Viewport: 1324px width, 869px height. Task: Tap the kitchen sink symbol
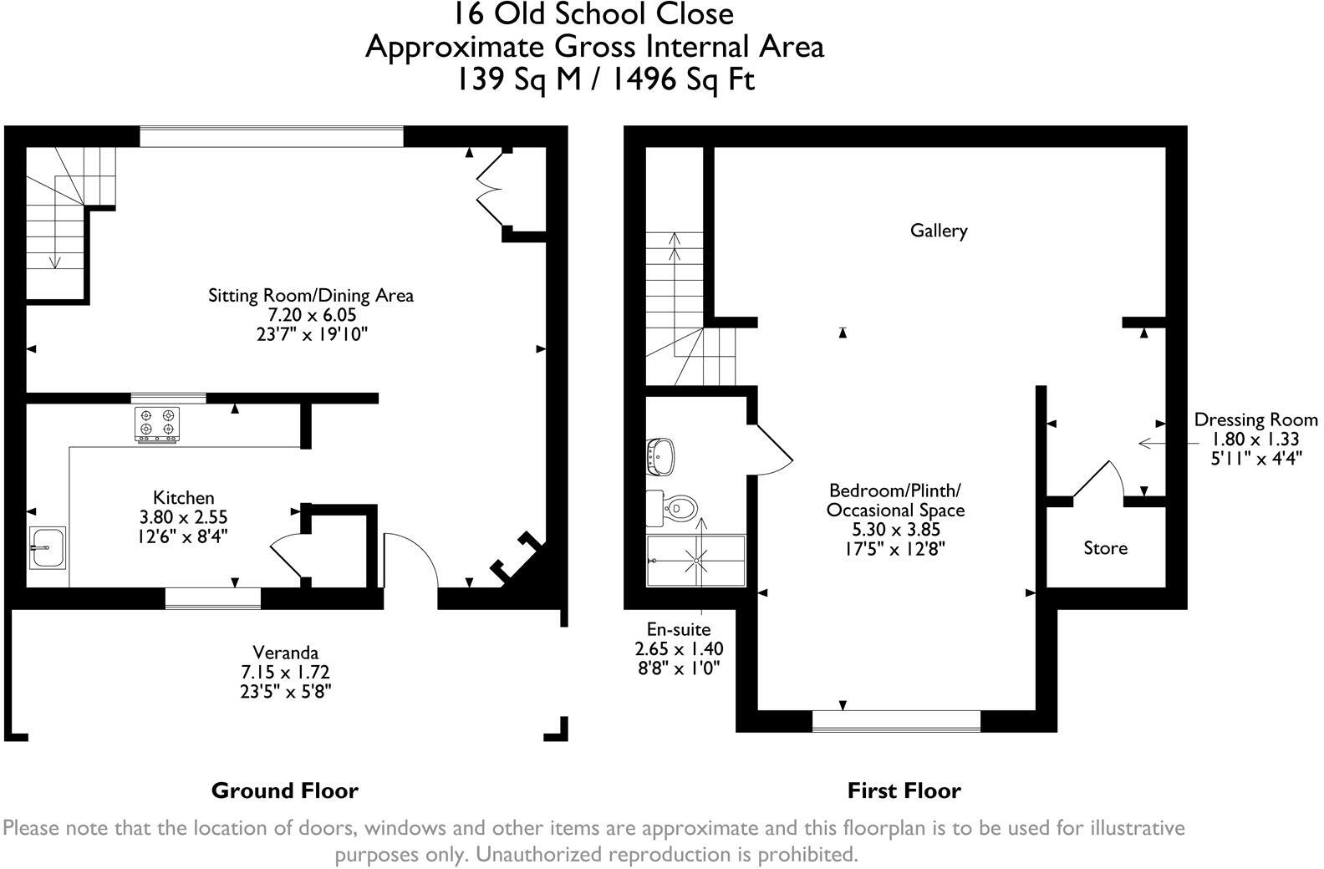click(x=47, y=547)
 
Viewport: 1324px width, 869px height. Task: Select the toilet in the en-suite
click(x=675, y=507)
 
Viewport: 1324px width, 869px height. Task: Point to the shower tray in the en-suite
click(x=695, y=561)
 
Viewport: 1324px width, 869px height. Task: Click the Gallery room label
click(x=938, y=231)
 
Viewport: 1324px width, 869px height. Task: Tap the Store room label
click(x=1105, y=548)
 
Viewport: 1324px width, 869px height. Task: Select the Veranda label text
click(x=286, y=653)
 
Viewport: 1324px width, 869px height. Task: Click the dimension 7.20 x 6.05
click(x=311, y=315)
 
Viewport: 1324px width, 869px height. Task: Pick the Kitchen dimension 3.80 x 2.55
click(x=183, y=517)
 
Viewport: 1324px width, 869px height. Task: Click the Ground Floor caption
click(x=284, y=790)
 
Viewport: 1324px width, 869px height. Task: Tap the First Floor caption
click(x=904, y=790)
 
